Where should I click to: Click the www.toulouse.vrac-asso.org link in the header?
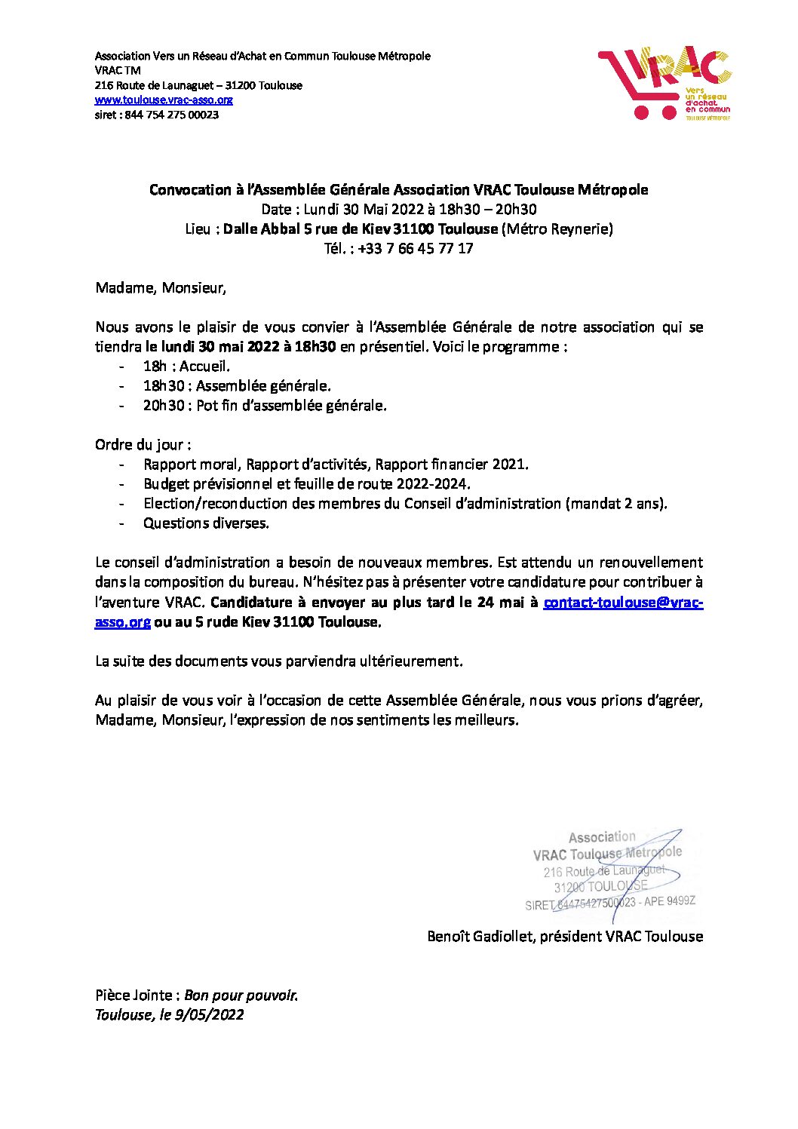164,100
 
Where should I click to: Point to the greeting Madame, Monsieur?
161,287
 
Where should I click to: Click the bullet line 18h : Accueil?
186,366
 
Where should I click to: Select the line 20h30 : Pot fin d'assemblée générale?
265,405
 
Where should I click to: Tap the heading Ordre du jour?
143,444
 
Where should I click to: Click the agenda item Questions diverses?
206,523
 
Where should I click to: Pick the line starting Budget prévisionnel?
306,483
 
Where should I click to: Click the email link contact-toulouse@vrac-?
623,602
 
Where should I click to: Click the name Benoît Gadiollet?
480,936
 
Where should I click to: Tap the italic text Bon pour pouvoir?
241,995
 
